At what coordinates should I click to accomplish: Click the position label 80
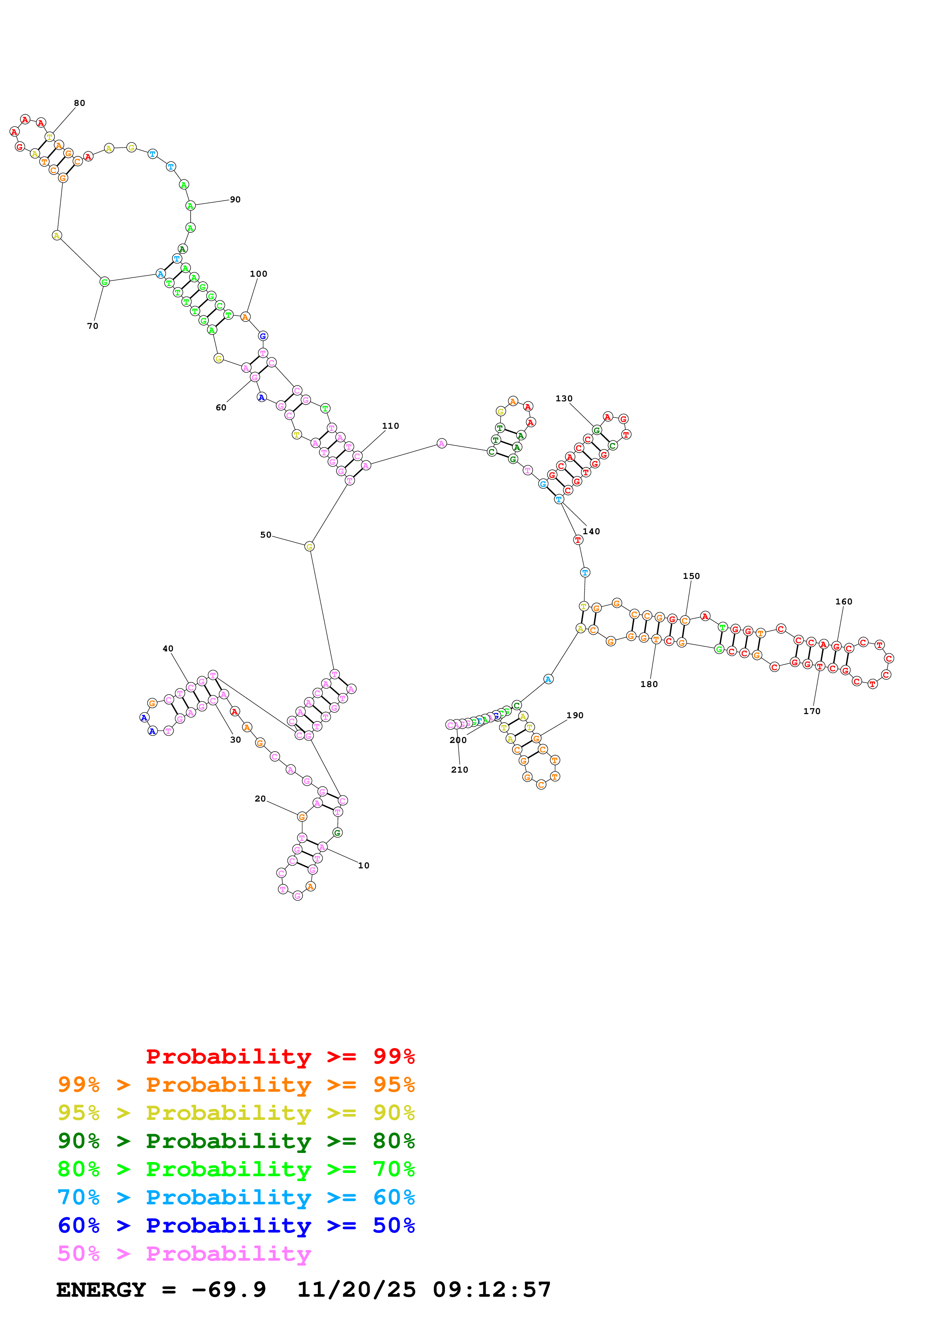pos(79,103)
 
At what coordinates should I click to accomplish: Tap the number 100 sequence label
pos(258,274)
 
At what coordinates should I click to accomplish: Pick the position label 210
pos(459,769)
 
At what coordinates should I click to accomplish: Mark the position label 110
pos(390,426)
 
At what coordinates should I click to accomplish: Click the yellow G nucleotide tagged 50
pos(309,546)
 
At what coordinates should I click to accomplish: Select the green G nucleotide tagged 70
pos(104,282)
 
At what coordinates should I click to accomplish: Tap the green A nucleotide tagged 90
pos(190,205)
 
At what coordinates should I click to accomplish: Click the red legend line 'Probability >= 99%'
pos(280,1056)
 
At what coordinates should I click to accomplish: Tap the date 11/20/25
pos(356,1290)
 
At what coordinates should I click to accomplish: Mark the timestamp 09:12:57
pos(492,1290)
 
